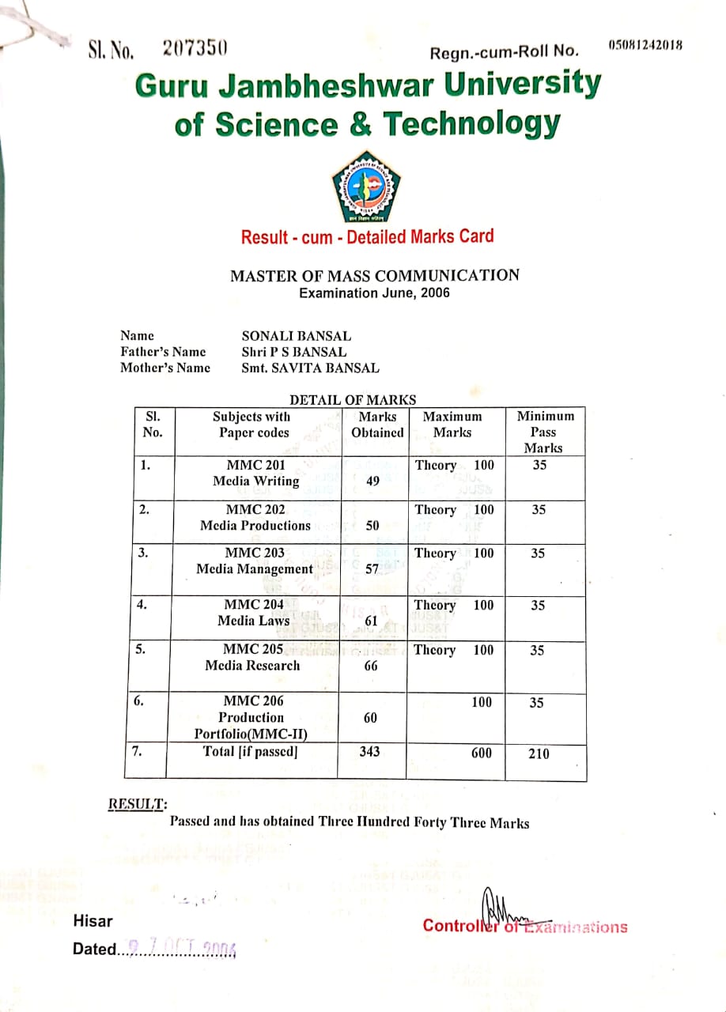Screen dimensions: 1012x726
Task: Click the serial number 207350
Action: click(195, 49)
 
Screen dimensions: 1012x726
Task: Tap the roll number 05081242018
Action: click(645, 44)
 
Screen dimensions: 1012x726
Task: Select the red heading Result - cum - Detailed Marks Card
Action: click(367, 236)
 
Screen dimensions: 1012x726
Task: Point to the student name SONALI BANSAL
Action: click(296, 336)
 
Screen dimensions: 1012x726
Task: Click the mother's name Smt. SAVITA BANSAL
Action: click(310, 368)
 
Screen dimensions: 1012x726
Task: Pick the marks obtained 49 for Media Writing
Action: click(372, 481)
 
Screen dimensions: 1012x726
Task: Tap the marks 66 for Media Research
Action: click(372, 666)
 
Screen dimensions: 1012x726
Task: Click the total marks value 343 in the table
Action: click(369, 751)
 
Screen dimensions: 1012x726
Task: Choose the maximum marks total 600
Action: click(482, 753)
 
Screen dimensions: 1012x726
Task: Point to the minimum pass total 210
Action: click(539, 753)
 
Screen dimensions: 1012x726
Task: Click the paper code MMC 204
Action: click(254, 605)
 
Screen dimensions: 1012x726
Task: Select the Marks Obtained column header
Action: click(377, 425)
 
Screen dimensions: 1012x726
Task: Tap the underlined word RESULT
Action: click(137, 804)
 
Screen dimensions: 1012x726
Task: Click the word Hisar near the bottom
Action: click(93, 921)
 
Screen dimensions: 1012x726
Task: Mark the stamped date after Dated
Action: click(183, 948)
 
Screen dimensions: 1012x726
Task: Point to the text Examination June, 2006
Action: click(374, 293)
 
